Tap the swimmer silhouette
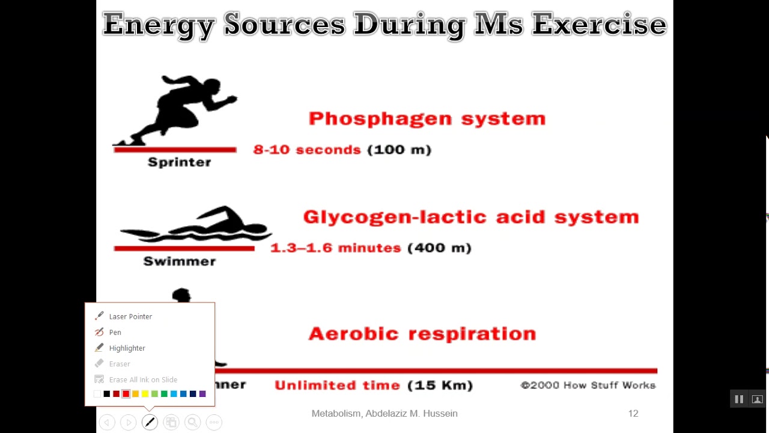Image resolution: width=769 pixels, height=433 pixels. point(198,226)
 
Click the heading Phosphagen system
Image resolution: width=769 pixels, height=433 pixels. point(427,118)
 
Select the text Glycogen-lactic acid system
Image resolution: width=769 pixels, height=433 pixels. point(471,217)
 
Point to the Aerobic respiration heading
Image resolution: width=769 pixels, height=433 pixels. point(422,334)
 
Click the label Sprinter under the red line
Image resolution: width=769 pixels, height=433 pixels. point(179,162)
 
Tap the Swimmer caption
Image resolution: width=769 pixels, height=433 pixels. point(179,261)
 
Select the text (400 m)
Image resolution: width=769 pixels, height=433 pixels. point(439,248)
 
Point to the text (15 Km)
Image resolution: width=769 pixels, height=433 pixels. point(440,385)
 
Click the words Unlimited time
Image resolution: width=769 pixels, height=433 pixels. point(337,385)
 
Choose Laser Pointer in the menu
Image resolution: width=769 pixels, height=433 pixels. point(130,316)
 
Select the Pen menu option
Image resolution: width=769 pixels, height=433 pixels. point(115,332)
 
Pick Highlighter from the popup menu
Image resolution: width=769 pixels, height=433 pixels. point(127,348)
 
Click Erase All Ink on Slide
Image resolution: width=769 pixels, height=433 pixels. point(143,379)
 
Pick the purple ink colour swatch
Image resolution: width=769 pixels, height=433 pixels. point(202,394)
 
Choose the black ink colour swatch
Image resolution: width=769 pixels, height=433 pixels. point(107,394)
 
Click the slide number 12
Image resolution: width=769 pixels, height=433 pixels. point(633,414)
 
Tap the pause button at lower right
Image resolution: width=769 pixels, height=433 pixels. point(739,399)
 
